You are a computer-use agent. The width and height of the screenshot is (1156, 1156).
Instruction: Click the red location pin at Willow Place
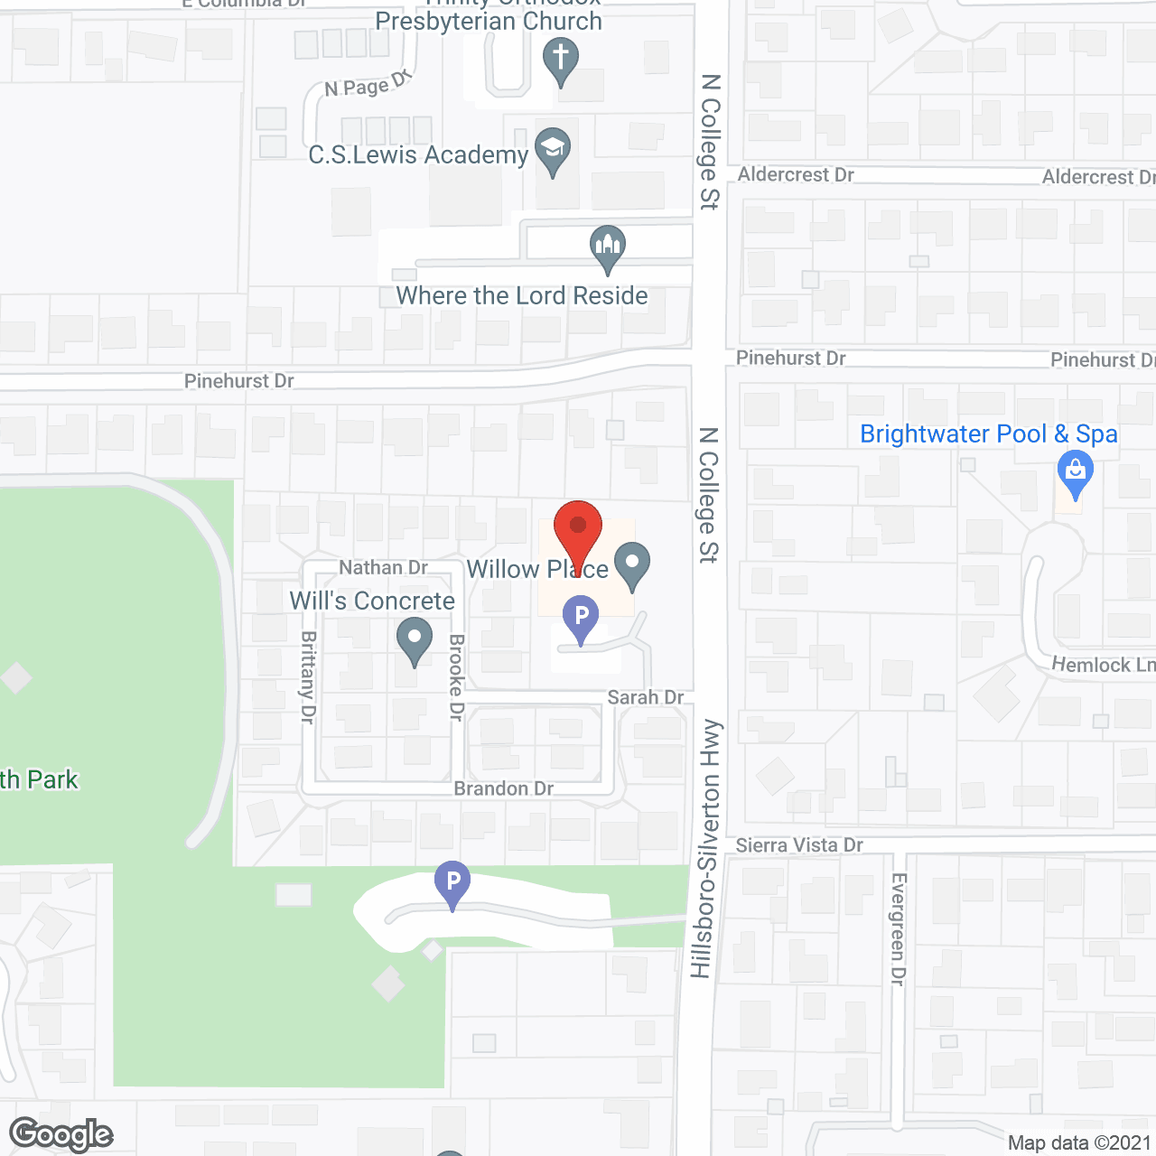(x=577, y=528)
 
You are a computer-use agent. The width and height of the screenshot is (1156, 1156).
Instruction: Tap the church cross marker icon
(x=561, y=60)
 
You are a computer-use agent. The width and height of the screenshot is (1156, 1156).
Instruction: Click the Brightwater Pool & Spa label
(x=988, y=434)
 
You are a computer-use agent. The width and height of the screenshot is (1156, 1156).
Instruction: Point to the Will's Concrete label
(x=372, y=601)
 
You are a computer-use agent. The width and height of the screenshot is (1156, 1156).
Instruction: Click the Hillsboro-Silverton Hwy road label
(x=708, y=849)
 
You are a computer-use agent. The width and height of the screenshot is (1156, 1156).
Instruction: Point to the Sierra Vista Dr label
(x=799, y=845)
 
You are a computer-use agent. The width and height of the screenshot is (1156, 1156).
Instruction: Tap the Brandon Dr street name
(x=503, y=788)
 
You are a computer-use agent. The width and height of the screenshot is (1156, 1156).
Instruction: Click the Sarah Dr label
(x=645, y=697)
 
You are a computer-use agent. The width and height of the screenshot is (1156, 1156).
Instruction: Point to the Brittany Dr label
(x=308, y=676)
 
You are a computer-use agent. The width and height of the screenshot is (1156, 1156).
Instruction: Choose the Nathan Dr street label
(x=383, y=567)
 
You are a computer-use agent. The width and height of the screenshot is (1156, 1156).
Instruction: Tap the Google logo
(x=61, y=1134)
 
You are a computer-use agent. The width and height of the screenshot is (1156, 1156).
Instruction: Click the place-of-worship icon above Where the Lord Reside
(x=608, y=246)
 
